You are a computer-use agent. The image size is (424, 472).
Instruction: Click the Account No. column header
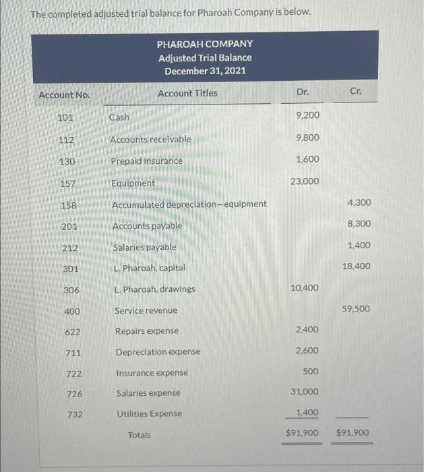pos(64,95)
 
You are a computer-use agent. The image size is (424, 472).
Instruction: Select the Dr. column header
pos(303,91)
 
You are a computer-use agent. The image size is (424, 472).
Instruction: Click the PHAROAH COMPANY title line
pos(205,44)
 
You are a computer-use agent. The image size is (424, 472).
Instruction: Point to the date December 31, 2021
pos(205,71)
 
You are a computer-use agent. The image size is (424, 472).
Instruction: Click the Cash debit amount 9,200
pos(307,115)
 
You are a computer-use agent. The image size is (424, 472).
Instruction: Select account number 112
pos(65,140)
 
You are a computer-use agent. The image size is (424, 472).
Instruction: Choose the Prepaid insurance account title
pos(147,161)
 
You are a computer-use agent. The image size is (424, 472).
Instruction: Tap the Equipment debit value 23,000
pos(305,181)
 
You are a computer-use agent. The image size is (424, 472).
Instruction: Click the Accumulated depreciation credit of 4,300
pos(359,202)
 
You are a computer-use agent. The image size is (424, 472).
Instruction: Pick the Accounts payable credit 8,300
pos(359,223)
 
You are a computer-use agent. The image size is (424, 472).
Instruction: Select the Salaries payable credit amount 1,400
pos(359,245)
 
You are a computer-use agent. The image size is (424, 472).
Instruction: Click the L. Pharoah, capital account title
pos(149,268)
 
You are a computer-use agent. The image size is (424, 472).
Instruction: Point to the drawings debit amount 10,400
pos(305,288)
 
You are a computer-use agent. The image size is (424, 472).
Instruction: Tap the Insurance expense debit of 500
pos(311,372)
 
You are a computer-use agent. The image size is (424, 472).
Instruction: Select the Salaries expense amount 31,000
pos(305,391)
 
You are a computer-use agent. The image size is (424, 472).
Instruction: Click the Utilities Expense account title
pos(149,413)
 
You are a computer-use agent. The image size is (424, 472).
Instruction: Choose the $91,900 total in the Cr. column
pos(352,433)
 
